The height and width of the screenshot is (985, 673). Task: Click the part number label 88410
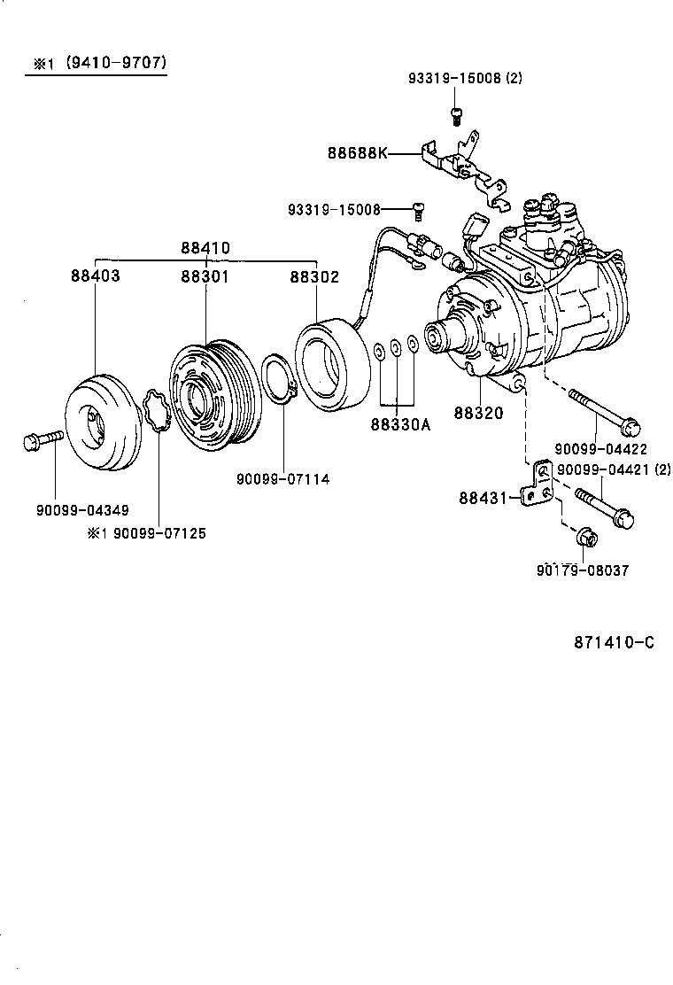click(205, 248)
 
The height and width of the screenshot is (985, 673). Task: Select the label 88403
click(96, 276)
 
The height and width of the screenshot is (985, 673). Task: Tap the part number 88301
click(205, 276)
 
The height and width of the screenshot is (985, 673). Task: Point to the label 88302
click(314, 276)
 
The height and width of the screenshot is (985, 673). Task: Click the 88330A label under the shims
click(400, 424)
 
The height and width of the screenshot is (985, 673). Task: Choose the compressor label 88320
click(478, 414)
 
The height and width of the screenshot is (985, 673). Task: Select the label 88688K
click(358, 153)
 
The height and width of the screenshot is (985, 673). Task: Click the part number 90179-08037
click(583, 570)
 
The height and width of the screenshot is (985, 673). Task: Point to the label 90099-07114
click(282, 479)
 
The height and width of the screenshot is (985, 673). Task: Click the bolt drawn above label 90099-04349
click(43, 438)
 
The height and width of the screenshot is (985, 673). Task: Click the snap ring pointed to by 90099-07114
click(279, 382)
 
